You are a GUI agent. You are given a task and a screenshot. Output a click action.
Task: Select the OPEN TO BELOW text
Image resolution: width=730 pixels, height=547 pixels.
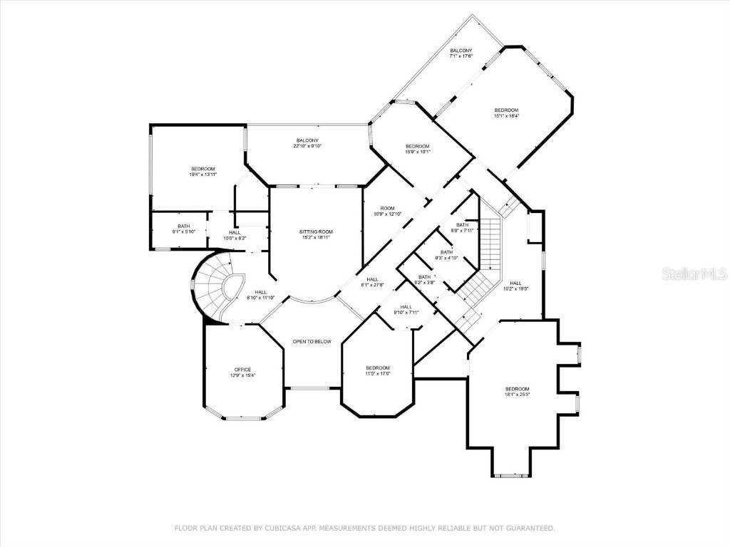click(312, 342)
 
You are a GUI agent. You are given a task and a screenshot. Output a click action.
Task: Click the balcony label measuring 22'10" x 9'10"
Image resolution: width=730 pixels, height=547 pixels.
click(307, 143)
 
